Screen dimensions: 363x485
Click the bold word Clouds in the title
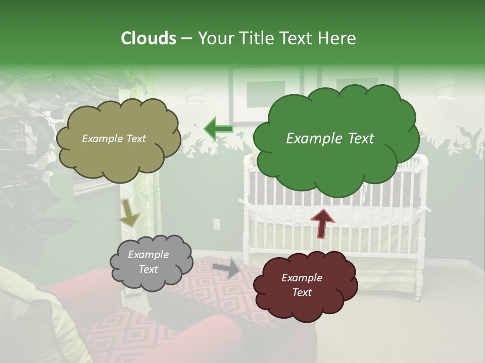148,38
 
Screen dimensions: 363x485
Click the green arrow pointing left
218,129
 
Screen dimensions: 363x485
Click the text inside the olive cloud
114,139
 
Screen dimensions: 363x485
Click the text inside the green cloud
330,139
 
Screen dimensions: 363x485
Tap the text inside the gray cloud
149,262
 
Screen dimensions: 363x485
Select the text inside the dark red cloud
302,285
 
